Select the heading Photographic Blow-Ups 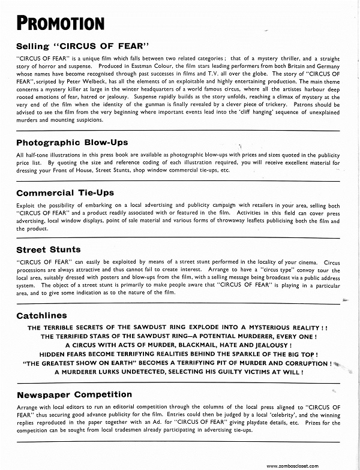tap(72, 143)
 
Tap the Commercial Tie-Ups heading tap(65, 193)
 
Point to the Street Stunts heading tap(49, 249)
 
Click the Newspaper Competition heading tap(74, 394)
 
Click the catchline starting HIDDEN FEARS tap(179, 354)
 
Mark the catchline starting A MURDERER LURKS tap(178, 372)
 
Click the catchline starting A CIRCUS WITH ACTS tap(179, 345)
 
